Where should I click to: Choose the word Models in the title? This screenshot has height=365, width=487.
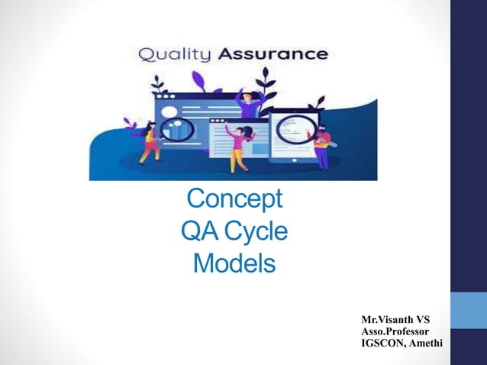[x=234, y=263]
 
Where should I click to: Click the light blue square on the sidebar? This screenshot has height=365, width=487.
[x=468, y=311]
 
